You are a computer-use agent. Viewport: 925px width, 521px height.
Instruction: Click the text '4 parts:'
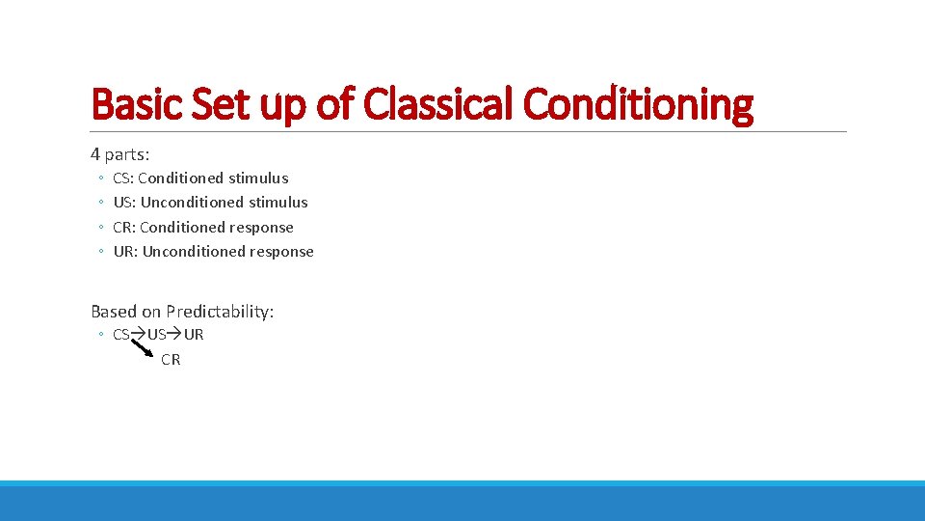(120, 153)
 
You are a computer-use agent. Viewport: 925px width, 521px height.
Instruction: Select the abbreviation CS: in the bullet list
(123, 178)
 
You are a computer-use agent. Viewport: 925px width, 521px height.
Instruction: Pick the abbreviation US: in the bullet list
(125, 203)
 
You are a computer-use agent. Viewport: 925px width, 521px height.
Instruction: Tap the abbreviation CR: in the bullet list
(124, 228)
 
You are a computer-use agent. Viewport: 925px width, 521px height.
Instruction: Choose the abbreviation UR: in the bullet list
(126, 252)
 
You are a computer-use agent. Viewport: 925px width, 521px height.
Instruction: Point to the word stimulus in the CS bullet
(257, 178)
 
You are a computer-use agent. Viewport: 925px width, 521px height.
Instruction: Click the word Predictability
(220, 312)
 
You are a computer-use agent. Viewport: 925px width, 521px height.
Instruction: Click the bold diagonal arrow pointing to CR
(142, 345)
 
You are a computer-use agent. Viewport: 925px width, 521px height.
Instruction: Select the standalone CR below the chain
(171, 360)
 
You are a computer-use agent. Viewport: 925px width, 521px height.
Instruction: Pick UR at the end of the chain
(194, 335)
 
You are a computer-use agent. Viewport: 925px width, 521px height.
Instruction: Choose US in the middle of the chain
(156, 335)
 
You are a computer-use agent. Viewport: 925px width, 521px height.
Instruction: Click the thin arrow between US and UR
(174, 335)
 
